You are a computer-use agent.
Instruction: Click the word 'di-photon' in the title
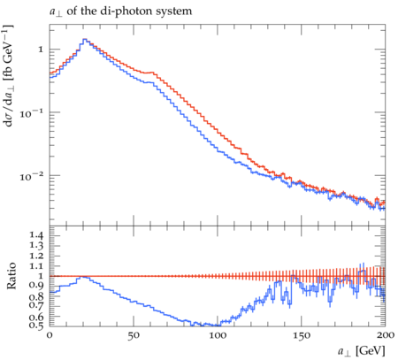click(116, 11)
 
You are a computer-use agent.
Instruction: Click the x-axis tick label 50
click(134, 336)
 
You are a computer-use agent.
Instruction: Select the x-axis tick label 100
click(218, 336)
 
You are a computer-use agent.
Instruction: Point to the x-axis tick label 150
click(302, 336)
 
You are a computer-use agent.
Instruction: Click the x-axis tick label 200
click(386, 335)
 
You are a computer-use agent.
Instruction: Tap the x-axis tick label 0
click(50, 336)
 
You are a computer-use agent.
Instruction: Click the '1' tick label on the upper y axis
click(41, 50)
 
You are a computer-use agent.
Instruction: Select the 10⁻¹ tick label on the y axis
click(31, 112)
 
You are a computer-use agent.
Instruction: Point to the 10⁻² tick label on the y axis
click(31, 176)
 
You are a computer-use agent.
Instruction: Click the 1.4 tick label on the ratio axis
click(36, 235)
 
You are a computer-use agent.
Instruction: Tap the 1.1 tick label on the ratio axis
click(36, 266)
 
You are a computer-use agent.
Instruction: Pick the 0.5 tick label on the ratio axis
click(36, 326)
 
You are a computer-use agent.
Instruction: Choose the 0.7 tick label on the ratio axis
click(36, 304)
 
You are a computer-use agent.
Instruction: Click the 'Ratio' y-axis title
click(11, 276)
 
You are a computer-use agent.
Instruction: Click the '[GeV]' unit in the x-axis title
click(371, 351)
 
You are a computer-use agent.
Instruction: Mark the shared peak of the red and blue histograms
click(85, 39)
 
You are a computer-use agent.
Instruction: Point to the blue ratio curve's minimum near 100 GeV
click(210, 326)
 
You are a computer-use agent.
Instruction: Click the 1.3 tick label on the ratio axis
click(36, 246)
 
